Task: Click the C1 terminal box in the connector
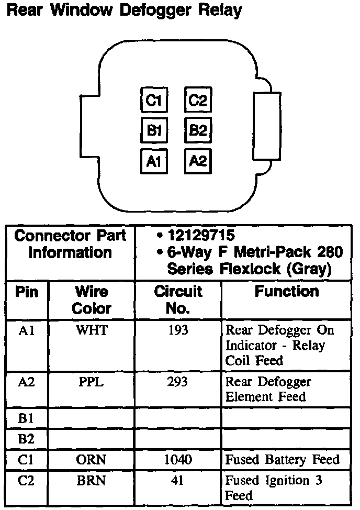click(x=154, y=100)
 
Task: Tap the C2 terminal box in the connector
click(x=197, y=100)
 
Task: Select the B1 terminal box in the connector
click(x=154, y=130)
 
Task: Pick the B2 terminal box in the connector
click(x=197, y=130)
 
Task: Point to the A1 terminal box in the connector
click(x=154, y=161)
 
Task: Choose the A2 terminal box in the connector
click(x=197, y=161)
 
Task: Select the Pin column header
click(x=27, y=292)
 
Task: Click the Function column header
click(x=286, y=292)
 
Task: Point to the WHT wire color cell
click(x=92, y=330)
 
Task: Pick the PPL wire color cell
click(x=92, y=382)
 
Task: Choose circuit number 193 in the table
click(x=177, y=330)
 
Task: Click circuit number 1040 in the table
click(x=177, y=460)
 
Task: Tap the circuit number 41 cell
click(x=177, y=480)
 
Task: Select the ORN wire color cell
click(x=92, y=460)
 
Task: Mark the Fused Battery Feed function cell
click(x=283, y=460)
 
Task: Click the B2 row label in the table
click(x=26, y=439)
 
